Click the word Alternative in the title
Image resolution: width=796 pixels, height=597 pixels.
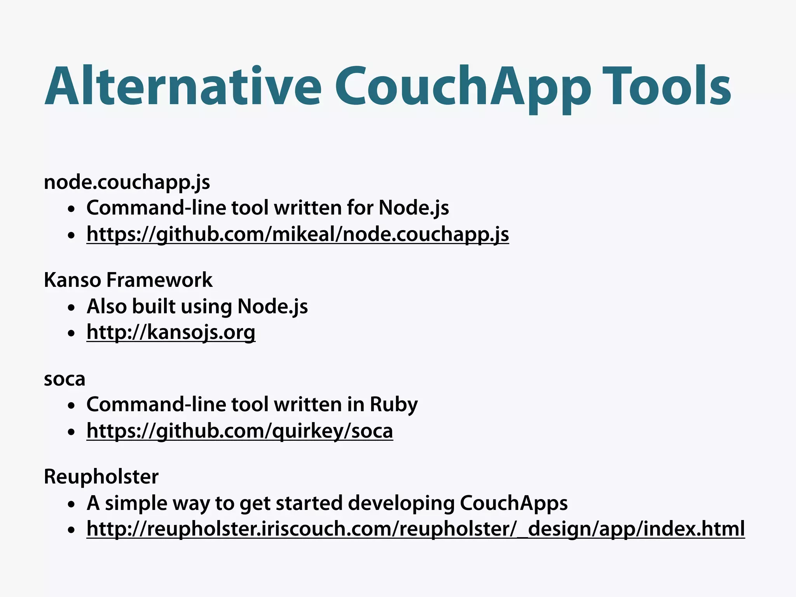[183, 86]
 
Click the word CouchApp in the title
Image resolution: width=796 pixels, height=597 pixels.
[463, 86]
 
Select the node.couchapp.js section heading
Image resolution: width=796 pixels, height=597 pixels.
[127, 182]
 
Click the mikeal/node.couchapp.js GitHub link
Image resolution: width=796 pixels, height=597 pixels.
[298, 234]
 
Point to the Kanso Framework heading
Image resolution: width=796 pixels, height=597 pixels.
[128, 280]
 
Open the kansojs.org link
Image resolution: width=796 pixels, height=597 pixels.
[171, 332]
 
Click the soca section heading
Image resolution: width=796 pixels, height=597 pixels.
[65, 379]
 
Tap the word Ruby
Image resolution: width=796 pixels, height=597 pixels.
[393, 404]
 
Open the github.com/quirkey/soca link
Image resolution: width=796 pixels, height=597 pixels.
[240, 431]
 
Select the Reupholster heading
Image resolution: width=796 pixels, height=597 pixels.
[101, 477]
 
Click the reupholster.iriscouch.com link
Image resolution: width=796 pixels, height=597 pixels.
[415, 529]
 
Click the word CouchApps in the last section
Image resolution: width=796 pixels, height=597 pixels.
[513, 503]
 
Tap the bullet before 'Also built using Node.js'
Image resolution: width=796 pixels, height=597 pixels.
[71, 308]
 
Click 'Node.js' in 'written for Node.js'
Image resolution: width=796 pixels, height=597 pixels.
[414, 208]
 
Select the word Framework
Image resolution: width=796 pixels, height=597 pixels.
[159, 280]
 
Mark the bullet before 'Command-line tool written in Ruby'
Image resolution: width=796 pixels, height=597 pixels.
[71, 406]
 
